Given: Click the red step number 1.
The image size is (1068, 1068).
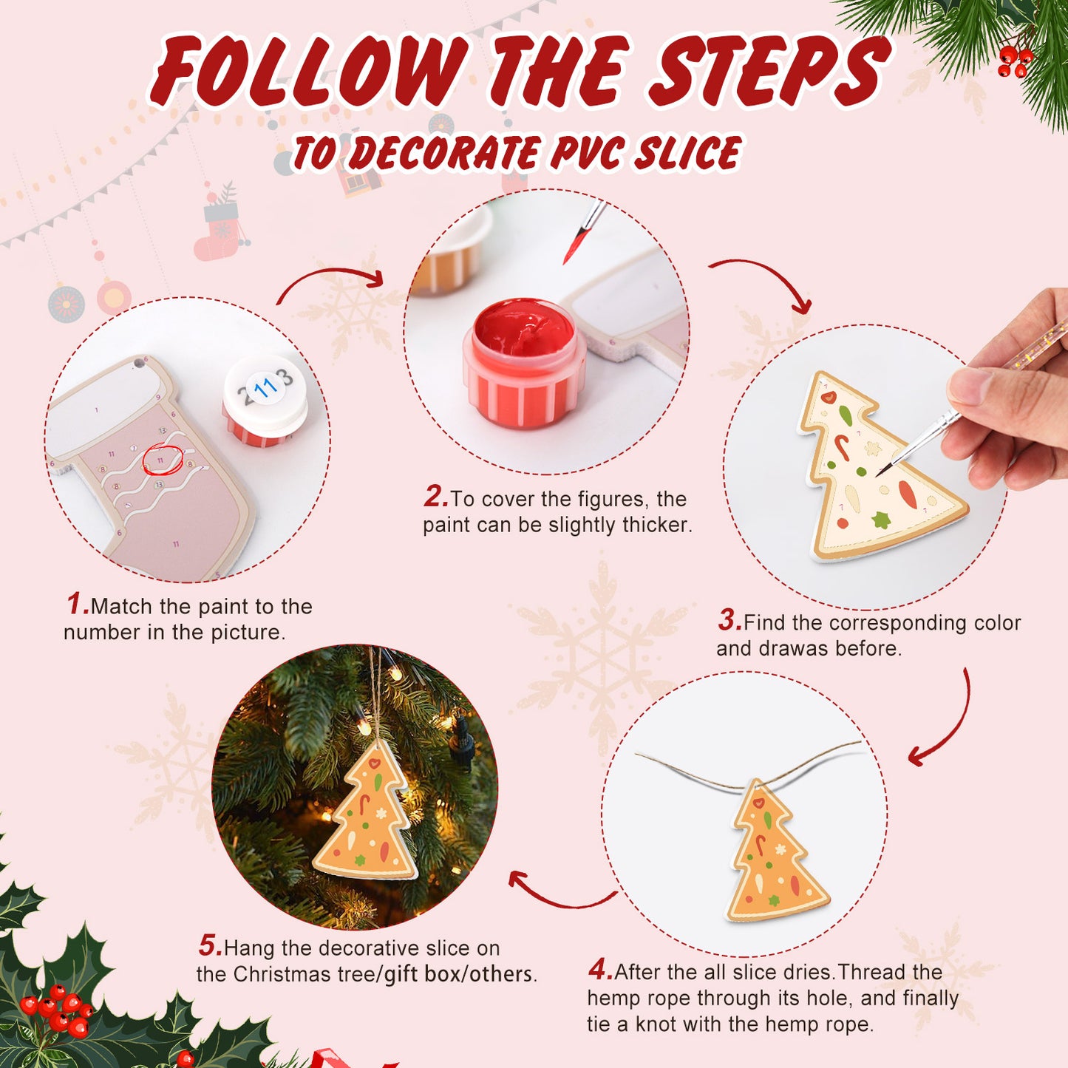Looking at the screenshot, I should pos(77,604).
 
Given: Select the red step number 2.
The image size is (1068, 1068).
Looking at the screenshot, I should pos(435,497).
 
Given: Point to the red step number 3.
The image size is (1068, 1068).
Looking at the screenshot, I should pos(729,620).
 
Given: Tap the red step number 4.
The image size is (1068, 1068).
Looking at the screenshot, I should pos(599,969).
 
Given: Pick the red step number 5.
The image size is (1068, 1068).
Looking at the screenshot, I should pos(209,945).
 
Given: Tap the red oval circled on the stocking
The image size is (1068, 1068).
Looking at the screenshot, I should pos(162,460).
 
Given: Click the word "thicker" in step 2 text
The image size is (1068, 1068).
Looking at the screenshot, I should pos(656,525).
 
